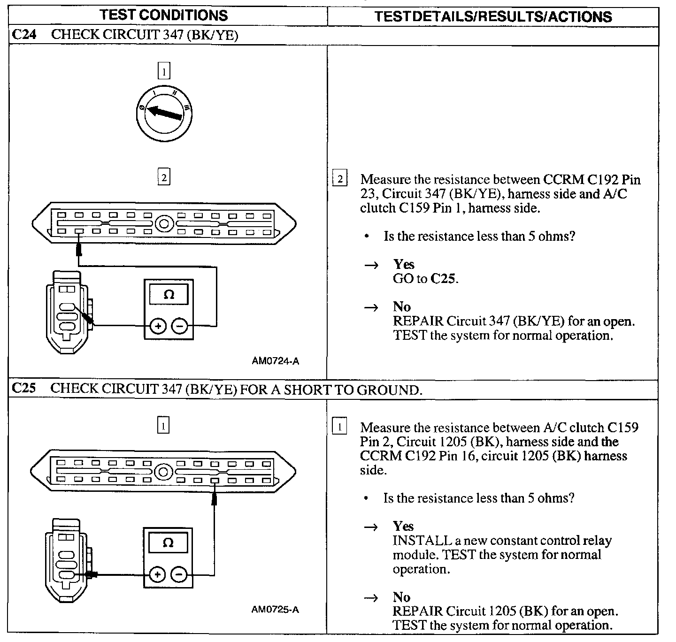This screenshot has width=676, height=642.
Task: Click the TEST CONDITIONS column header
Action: (x=163, y=15)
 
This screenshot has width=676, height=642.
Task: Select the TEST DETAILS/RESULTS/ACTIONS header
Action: (x=493, y=17)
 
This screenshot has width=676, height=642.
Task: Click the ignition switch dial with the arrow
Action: (x=164, y=113)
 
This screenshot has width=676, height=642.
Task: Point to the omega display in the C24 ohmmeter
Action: (x=169, y=295)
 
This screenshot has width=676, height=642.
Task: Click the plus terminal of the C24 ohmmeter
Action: (x=158, y=326)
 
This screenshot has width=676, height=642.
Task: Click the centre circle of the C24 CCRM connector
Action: (x=164, y=223)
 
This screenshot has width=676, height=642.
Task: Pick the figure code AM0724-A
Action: (x=276, y=361)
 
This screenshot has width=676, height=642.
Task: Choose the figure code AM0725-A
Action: (x=276, y=610)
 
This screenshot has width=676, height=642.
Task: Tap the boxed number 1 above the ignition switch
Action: (x=163, y=71)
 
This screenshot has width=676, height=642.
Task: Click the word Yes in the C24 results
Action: (x=404, y=264)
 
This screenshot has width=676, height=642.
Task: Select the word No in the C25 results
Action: (x=402, y=597)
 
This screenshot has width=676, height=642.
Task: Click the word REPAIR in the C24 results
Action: (x=417, y=321)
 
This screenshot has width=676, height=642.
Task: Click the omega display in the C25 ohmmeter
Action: (x=168, y=543)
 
